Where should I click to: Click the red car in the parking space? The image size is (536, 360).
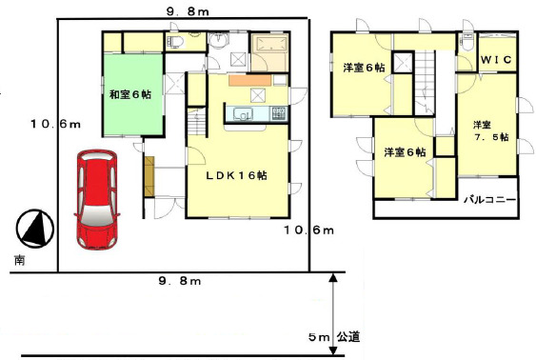(x=97, y=199)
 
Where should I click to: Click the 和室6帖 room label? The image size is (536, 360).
(x=130, y=94)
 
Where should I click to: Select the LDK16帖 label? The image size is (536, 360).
(x=236, y=175)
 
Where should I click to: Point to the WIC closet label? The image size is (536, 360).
(x=496, y=60)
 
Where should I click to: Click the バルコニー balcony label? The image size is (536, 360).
(x=489, y=200)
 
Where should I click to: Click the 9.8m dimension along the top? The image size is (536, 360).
(x=188, y=12)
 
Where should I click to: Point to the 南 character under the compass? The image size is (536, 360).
(x=19, y=261)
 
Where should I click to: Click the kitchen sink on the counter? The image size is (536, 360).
(x=243, y=114)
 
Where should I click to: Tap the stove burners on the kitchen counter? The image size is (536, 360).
(x=279, y=113)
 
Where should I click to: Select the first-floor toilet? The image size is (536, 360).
(x=175, y=42)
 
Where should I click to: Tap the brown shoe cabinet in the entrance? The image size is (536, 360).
(x=149, y=176)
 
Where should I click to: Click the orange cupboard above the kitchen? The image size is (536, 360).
(x=249, y=80)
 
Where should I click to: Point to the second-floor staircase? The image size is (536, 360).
(x=425, y=81)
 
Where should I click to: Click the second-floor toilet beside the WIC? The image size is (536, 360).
(x=466, y=41)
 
